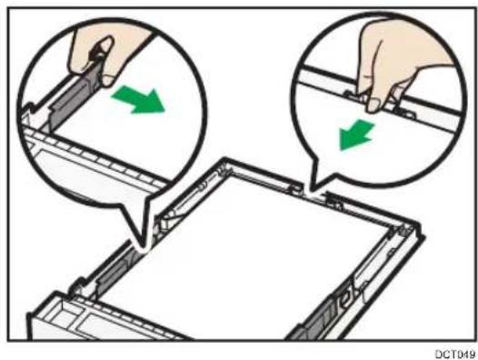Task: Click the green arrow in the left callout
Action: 139,100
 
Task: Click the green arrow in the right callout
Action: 356,135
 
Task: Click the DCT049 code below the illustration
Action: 455,354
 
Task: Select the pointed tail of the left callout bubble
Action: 144,244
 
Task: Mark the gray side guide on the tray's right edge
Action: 317,317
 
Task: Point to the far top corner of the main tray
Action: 225,159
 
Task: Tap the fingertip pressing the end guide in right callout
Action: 373,105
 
